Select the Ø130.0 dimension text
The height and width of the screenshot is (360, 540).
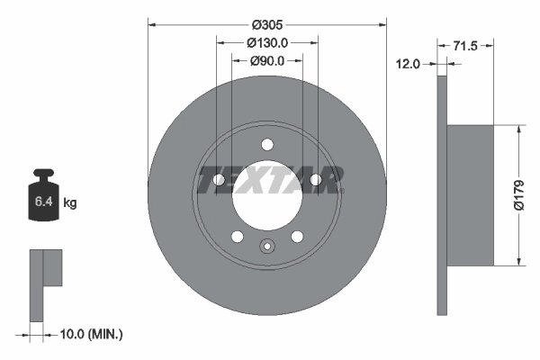pos(266,42)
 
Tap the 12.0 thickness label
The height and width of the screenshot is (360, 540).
pos(409,63)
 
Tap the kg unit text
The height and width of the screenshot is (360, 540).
pos(69,203)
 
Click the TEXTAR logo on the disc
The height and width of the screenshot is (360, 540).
pos(266,181)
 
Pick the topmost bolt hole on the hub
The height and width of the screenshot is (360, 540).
pos(266,144)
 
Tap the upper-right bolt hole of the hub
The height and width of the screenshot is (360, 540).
pos(315,180)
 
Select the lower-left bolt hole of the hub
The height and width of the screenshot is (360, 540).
pos(237,237)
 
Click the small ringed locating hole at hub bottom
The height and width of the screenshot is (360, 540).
pos(266,247)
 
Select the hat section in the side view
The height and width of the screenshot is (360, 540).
pos(471,195)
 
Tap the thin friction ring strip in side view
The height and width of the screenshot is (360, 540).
pos(442,195)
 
